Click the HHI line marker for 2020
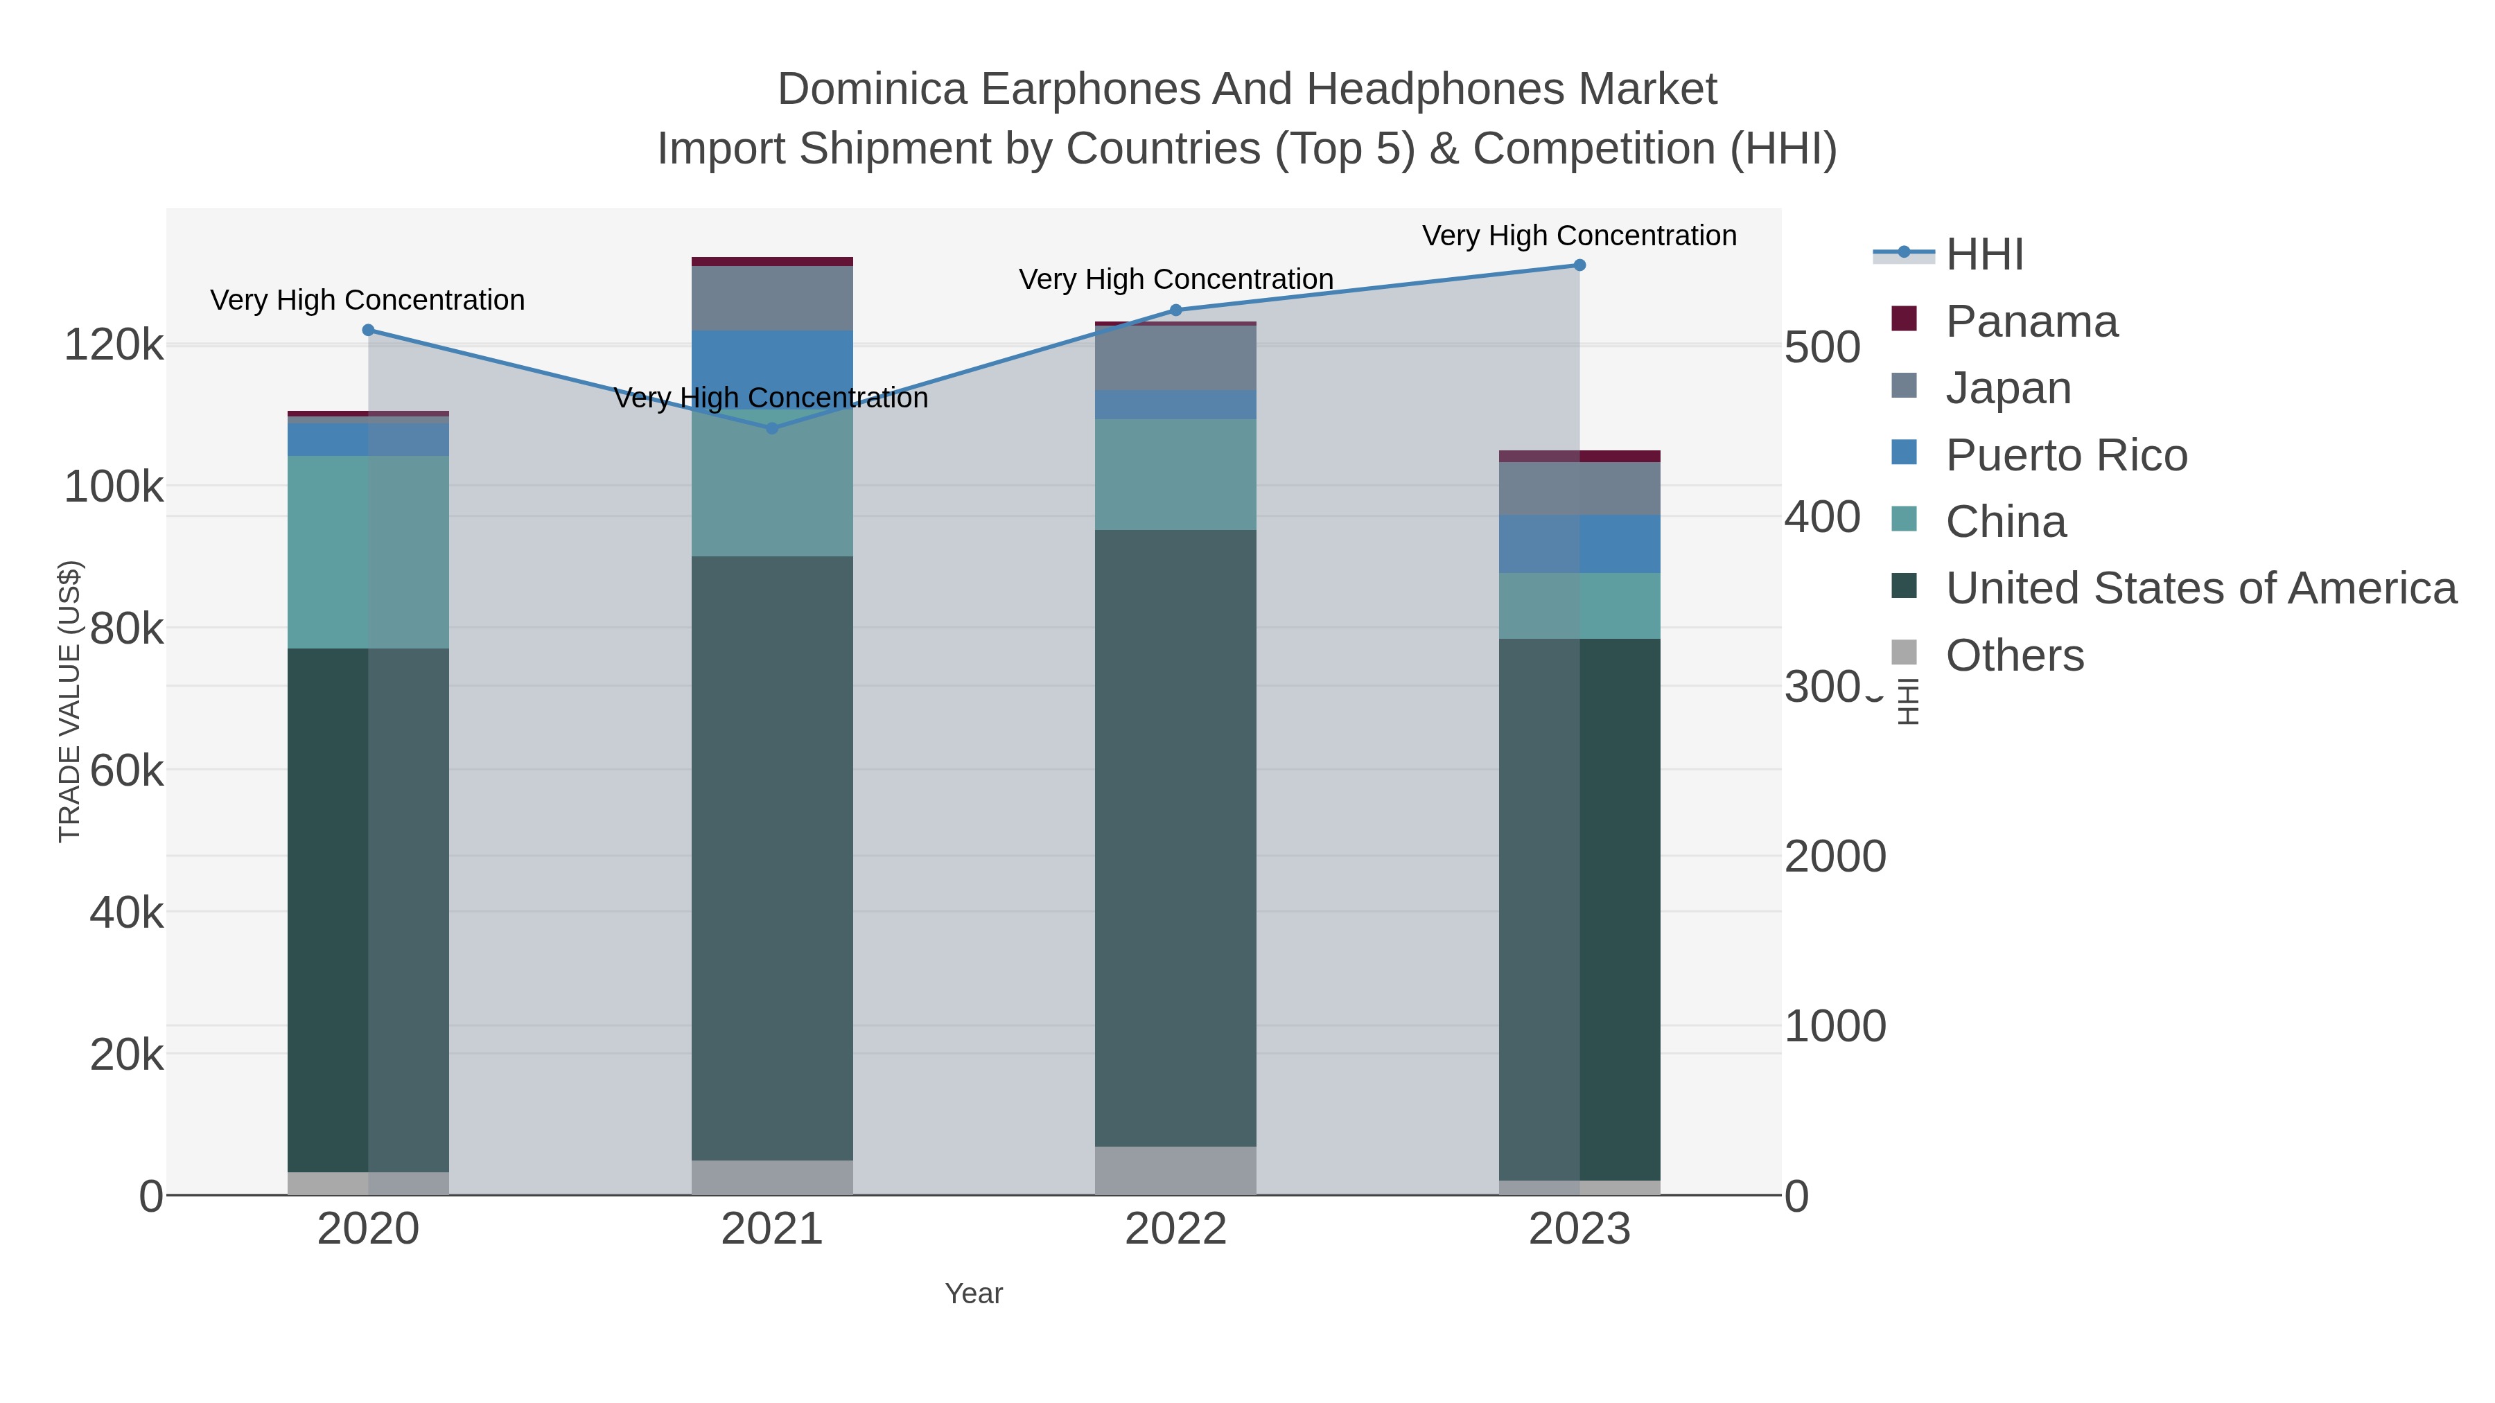(x=368, y=330)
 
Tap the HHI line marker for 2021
(x=772, y=428)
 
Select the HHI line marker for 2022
(x=1176, y=310)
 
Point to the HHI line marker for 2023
(x=1579, y=265)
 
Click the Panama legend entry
(x=2031, y=321)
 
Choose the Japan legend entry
(x=2008, y=388)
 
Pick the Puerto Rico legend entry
(x=2066, y=455)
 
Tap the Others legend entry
(x=2015, y=655)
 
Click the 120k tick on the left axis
(x=114, y=346)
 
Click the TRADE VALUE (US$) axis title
(x=70, y=701)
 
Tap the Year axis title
(x=974, y=1294)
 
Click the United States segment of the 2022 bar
(x=1176, y=838)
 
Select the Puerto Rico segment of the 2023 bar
(x=1579, y=544)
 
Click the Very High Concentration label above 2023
(x=1579, y=236)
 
